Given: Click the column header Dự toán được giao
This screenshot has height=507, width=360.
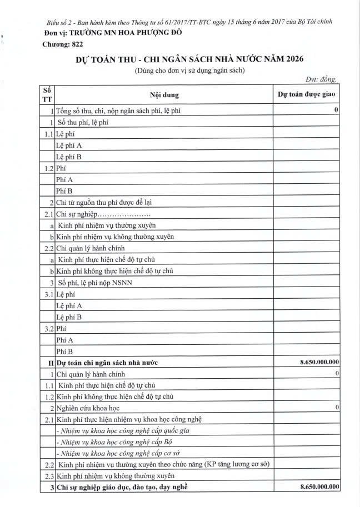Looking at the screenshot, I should click(307, 94).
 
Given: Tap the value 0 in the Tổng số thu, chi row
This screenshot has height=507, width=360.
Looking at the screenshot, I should click(337, 111).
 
